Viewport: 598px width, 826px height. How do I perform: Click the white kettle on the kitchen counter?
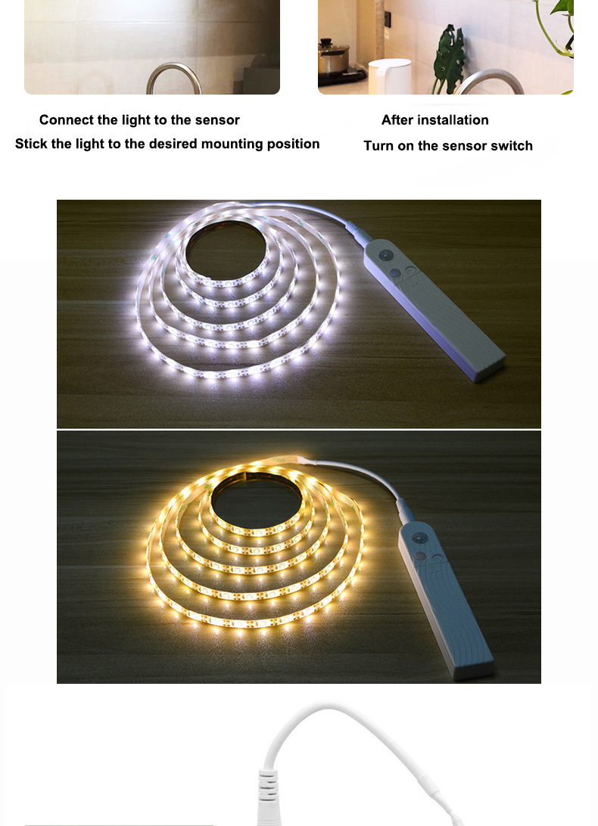point(389,76)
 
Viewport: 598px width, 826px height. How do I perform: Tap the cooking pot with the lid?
point(333,57)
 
